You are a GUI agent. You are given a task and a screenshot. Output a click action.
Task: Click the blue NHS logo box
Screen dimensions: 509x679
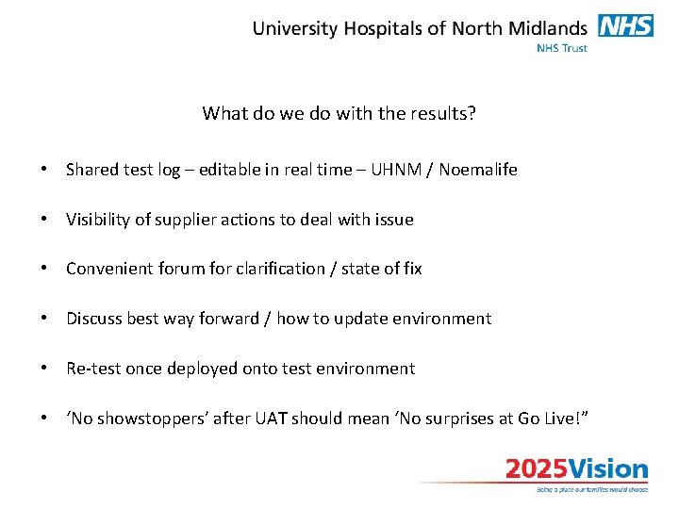pyautogui.click(x=625, y=26)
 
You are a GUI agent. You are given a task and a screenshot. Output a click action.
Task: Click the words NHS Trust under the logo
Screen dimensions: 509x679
pyautogui.click(x=562, y=48)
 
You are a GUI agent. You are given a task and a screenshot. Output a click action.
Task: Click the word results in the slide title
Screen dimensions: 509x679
pyautogui.click(x=441, y=114)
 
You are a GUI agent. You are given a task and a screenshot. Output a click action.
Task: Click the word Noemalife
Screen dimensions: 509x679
pyautogui.click(x=478, y=170)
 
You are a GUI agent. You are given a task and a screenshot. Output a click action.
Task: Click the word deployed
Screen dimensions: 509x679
pyautogui.click(x=203, y=369)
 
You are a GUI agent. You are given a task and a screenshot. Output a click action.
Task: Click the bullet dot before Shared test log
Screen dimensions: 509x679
pyautogui.click(x=44, y=171)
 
